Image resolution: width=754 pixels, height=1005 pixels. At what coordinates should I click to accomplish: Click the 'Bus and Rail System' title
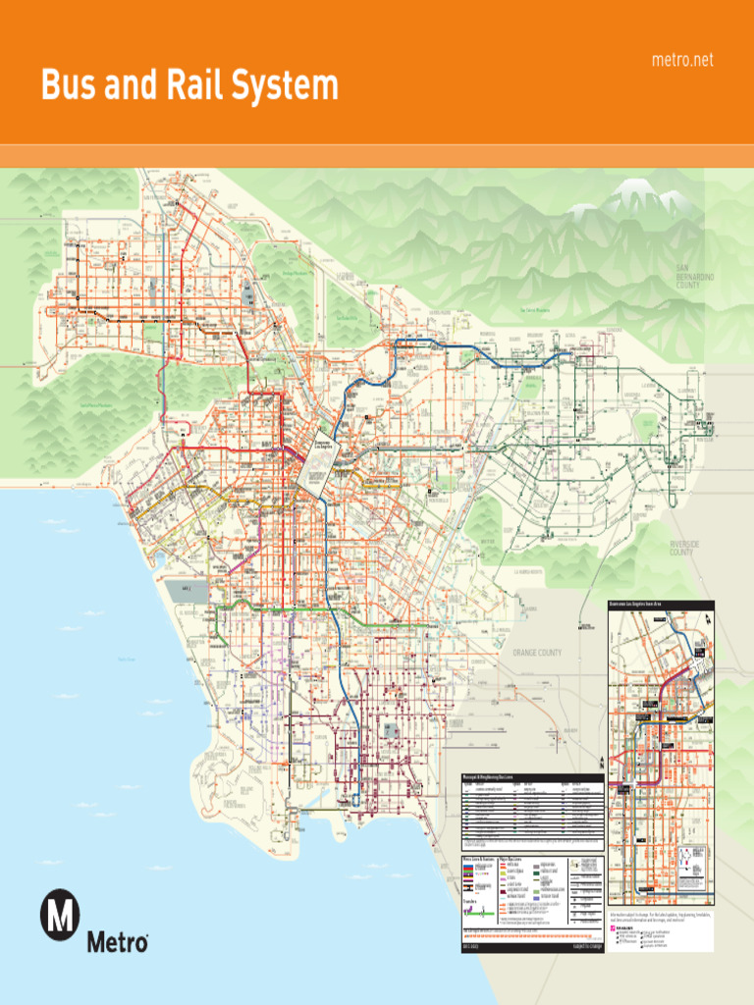point(188,86)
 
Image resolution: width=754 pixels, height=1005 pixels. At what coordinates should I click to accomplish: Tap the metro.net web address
point(682,61)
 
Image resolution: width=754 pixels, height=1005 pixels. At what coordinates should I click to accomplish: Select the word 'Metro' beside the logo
point(118,943)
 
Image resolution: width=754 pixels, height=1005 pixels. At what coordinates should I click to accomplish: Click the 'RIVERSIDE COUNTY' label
point(682,548)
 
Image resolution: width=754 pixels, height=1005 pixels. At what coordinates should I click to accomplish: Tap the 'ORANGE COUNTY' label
point(537,653)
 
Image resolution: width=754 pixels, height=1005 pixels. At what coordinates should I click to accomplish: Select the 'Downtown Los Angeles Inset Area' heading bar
point(661,605)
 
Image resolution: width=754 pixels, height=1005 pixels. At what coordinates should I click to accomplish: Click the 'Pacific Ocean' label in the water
point(126,660)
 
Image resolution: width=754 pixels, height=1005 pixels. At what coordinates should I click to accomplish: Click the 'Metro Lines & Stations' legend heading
point(477,860)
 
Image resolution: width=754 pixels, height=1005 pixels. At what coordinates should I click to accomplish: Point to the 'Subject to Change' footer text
point(578,946)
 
